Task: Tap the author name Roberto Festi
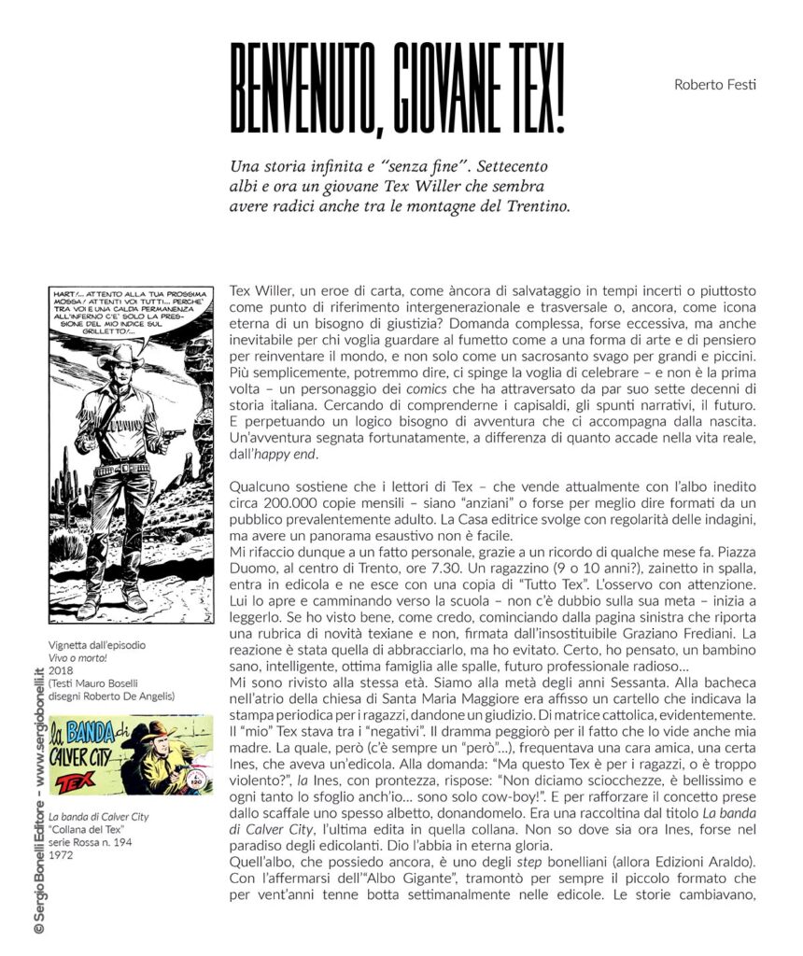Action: [x=715, y=86]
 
